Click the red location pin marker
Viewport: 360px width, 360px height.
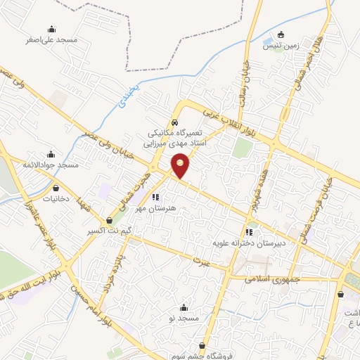coord(181,165)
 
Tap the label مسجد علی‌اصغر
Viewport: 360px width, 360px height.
coord(51,40)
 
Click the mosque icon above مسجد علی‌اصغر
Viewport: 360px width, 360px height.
coord(51,29)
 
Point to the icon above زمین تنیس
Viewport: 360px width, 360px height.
coord(281,35)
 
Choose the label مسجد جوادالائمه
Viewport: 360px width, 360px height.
coord(51,165)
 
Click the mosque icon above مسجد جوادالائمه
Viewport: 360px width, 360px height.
coord(51,153)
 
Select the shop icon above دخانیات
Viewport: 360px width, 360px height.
coord(56,188)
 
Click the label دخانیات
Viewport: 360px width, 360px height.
coord(56,199)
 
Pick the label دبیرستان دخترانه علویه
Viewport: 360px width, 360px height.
coord(248,243)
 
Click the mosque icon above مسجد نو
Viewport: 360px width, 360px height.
coord(184,307)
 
